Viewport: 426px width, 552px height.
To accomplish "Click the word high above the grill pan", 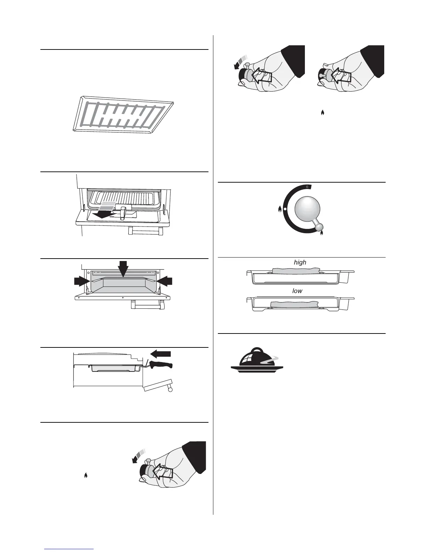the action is pos(300,262).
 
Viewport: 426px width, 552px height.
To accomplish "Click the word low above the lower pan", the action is pos(297,291).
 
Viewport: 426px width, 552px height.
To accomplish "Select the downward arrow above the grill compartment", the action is pos(123,269).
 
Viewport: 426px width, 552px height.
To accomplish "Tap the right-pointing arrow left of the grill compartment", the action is pos(82,281).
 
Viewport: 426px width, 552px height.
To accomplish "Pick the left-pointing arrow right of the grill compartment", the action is pos(164,281).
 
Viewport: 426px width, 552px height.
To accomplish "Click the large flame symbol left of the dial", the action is pos(279,209).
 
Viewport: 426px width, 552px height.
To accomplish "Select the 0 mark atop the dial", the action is pos(307,187).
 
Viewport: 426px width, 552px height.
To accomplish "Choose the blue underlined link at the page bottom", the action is pos(69,549).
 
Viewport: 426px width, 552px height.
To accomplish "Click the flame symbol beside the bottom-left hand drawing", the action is pos(86,475).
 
